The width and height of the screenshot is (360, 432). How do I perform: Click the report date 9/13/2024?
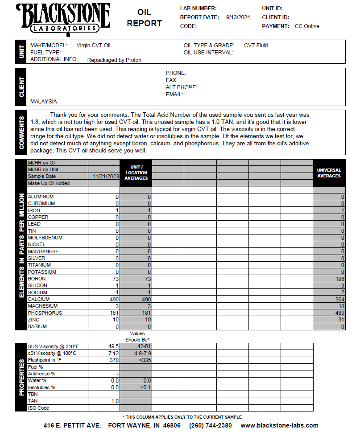coord(238,17)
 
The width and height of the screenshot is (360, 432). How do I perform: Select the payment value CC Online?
coord(307,26)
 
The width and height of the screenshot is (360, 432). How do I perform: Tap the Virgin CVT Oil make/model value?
coord(93,45)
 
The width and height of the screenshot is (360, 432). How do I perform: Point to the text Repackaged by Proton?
coord(114,60)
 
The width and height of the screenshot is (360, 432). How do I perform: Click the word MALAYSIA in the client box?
coord(44,102)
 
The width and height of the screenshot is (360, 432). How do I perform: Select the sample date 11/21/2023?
coord(106,177)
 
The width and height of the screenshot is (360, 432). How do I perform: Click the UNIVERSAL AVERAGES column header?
coord(329,173)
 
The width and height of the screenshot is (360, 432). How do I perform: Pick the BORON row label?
coord(37,279)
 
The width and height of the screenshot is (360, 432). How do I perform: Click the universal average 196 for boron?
coord(340,279)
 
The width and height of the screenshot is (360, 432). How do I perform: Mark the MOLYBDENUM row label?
coord(45,238)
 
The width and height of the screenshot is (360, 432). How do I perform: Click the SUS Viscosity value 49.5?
coord(113,346)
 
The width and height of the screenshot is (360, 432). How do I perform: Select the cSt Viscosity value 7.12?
coord(114,353)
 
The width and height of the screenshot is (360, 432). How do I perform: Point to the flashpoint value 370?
coord(115,360)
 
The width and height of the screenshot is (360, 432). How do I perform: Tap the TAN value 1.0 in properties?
coord(115,401)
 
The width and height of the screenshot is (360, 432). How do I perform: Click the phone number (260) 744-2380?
coord(211,425)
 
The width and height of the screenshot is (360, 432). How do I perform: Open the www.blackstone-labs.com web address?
coord(279,425)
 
